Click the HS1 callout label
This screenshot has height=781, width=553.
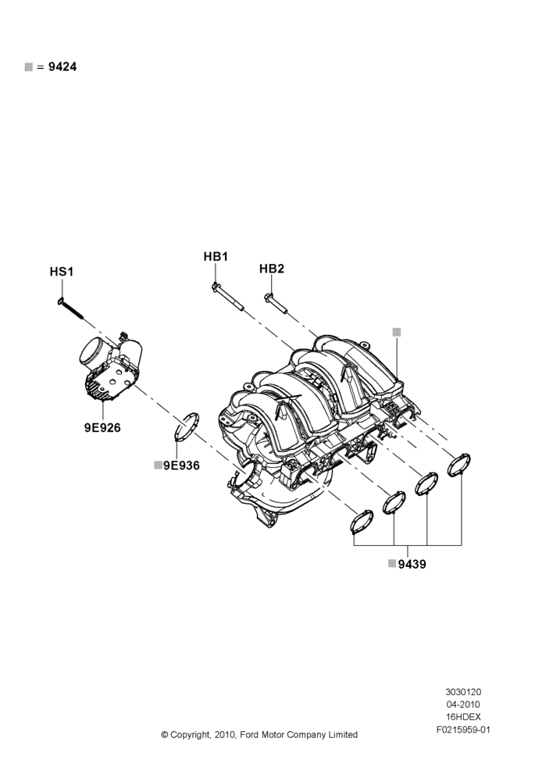pos(61,272)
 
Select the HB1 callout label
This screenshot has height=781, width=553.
pos(216,256)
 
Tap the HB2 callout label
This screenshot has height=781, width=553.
pos(272,269)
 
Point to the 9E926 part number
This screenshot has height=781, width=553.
pos(102,427)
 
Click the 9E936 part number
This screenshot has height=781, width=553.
pos(181,465)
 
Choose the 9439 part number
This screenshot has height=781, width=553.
pos(412,564)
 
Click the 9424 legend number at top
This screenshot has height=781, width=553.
pos(62,66)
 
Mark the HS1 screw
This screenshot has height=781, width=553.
pos(70,308)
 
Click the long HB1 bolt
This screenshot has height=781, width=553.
pos(227,298)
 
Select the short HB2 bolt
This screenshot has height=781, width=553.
pos(276,305)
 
